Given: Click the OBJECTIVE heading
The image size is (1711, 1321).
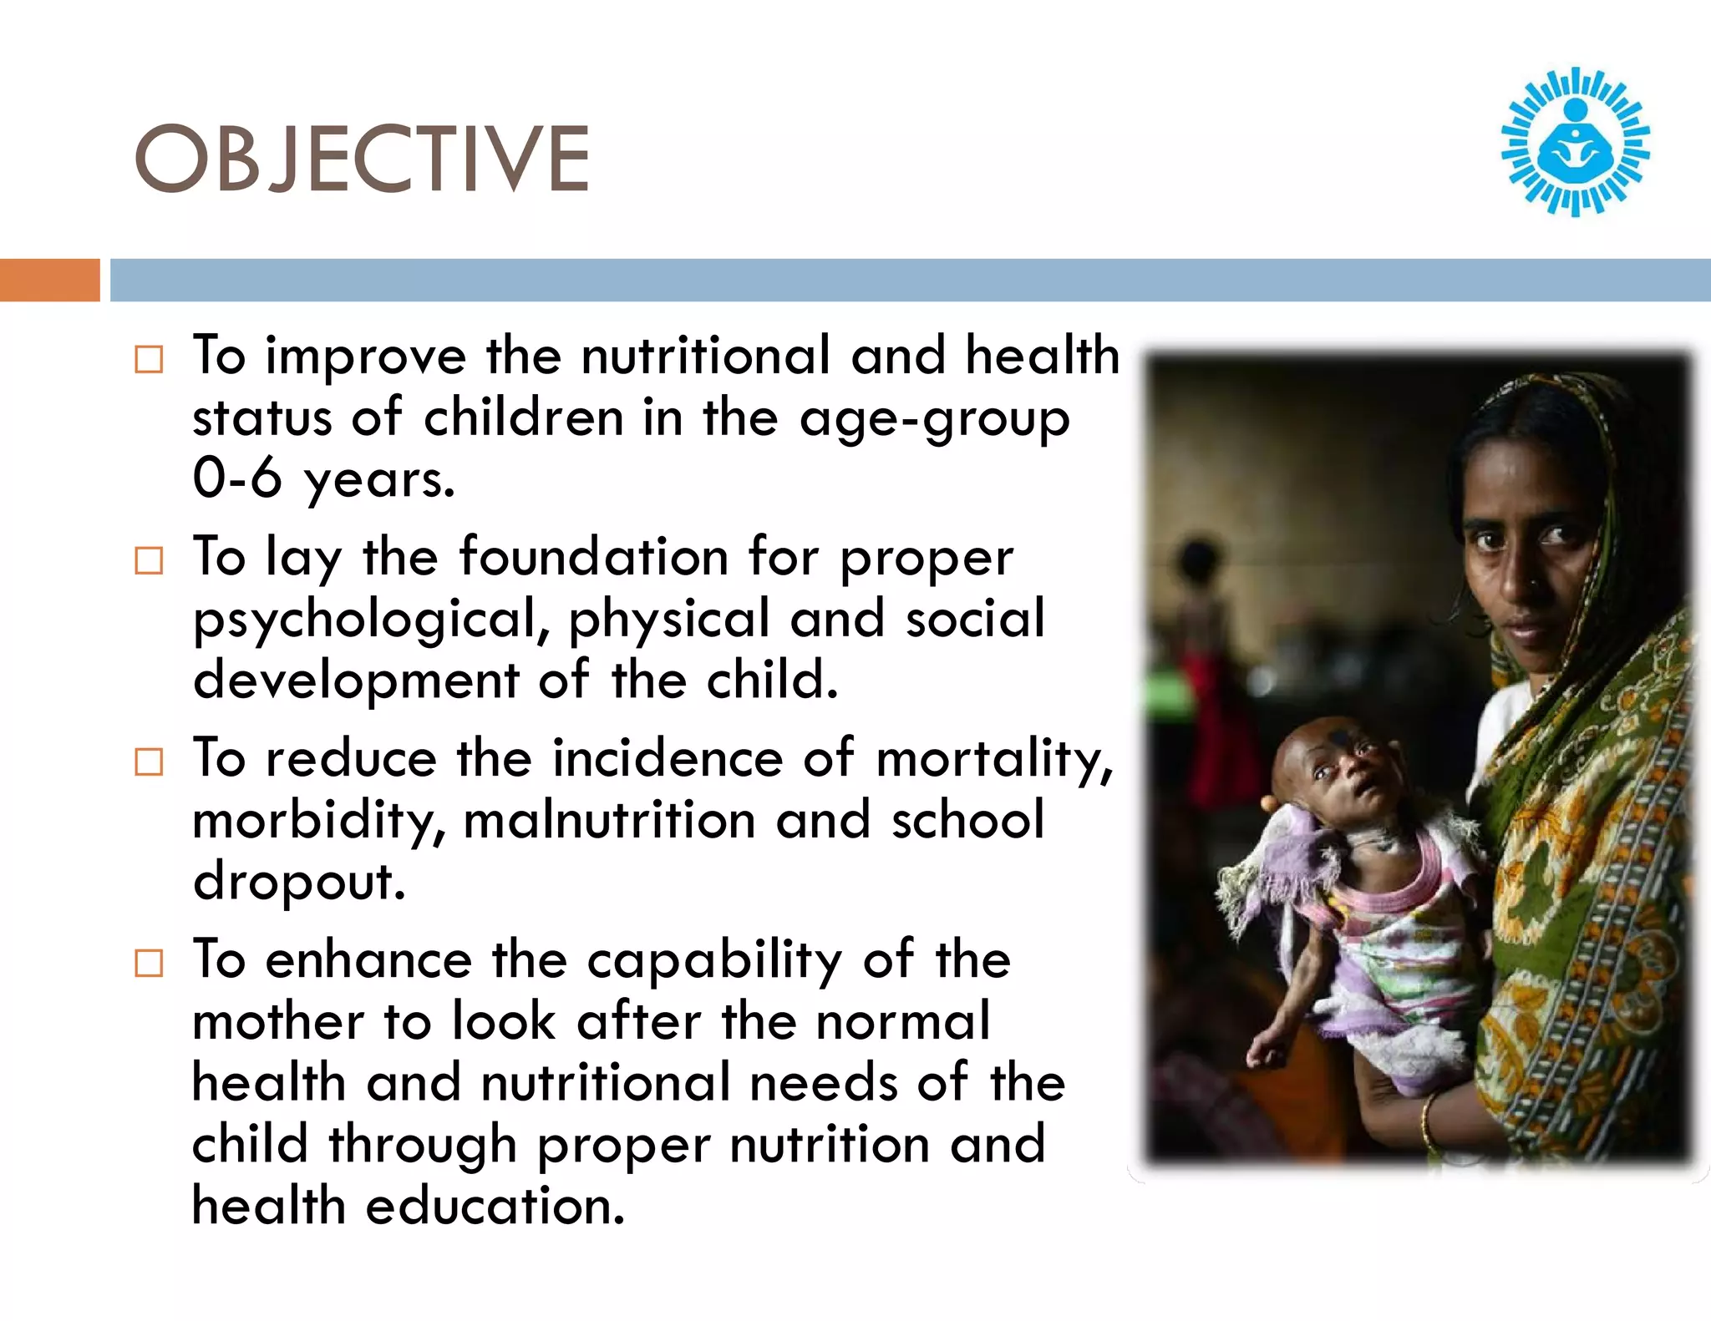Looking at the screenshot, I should click(x=362, y=159).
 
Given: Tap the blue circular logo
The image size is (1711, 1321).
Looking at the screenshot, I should click(x=1575, y=142).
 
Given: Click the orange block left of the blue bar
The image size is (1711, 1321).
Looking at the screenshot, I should click(x=49, y=280).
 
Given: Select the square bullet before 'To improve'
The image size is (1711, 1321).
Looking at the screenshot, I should click(x=149, y=360).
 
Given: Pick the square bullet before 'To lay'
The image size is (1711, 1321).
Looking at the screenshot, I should click(x=149, y=560).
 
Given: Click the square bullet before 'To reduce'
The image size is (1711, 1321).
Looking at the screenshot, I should click(x=149, y=762).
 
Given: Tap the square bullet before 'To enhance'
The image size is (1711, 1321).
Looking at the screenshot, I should click(x=149, y=963).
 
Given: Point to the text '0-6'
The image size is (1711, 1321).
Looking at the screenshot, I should click(x=237, y=478).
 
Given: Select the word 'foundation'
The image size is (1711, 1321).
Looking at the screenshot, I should click(x=594, y=557).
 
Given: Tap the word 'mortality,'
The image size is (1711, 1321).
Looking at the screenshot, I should click(x=994, y=760).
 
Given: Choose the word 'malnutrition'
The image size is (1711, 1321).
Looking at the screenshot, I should click(x=609, y=820).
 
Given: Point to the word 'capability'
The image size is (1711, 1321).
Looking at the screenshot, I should click(x=714, y=960).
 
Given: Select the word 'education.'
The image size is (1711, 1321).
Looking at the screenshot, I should click(x=495, y=1206).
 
